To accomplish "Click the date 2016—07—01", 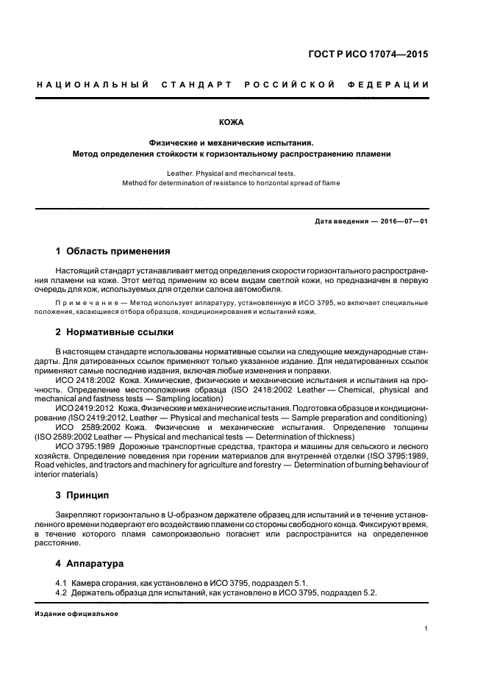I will (x=402, y=221).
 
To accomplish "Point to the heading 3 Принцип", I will (x=82, y=495).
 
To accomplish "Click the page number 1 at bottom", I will (x=426, y=628).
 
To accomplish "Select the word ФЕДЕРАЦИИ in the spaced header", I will (x=391, y=85).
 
